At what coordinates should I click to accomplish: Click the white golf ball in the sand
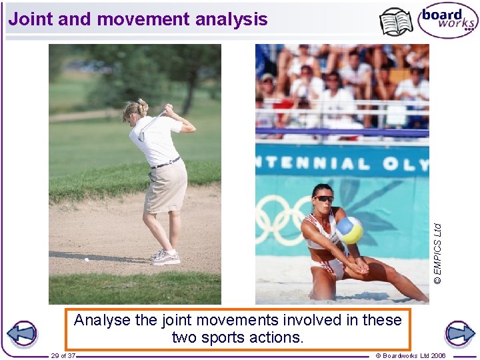pos(86,259)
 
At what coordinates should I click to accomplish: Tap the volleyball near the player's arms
pos(349,230)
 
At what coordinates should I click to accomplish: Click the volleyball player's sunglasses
pos(324,199)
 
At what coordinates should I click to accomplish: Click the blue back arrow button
pos(22,334)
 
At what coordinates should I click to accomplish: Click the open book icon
pos(396,22)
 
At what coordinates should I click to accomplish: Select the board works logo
pos(447,21)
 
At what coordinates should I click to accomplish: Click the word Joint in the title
pos(31,19)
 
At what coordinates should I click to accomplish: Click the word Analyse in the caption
pos(102,320)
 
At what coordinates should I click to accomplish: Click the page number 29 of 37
pos(63,355)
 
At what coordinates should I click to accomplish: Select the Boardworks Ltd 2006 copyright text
pos(411,355)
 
